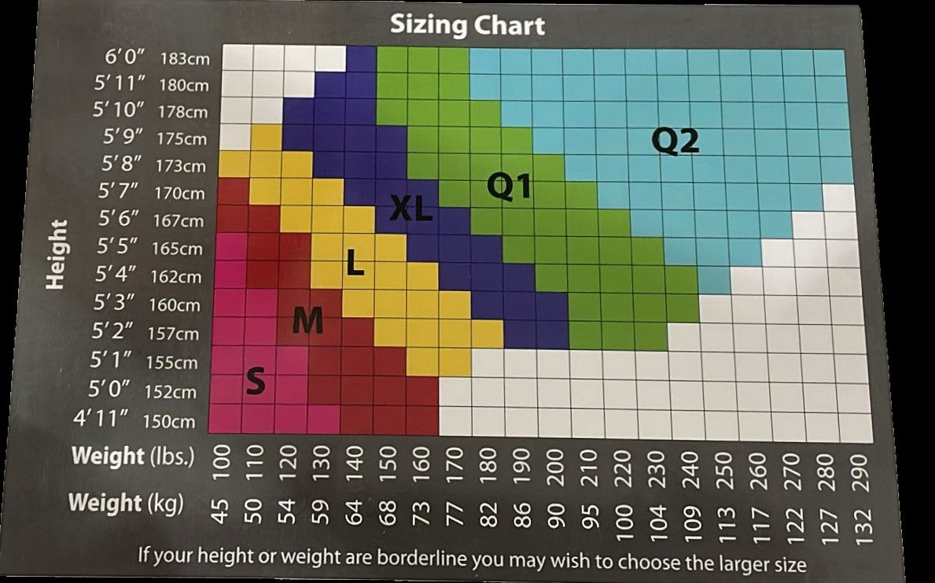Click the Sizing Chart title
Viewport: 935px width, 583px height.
point(467,25)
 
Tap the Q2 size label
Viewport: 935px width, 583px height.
point(675,142)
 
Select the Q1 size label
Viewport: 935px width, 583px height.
point(509,186)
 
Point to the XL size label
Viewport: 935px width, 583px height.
point(411,208)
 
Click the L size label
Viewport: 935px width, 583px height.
point(355,264)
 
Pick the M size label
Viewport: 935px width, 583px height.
point(307,320)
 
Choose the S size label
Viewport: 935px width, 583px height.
point(256,382)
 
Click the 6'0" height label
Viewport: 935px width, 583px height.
point(126,57)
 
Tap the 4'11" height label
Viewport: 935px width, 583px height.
point(100,419)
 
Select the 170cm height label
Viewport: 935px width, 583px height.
point(182,194)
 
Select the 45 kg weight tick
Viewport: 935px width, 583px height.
point(223,514)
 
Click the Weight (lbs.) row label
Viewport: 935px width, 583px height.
point(132,456)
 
